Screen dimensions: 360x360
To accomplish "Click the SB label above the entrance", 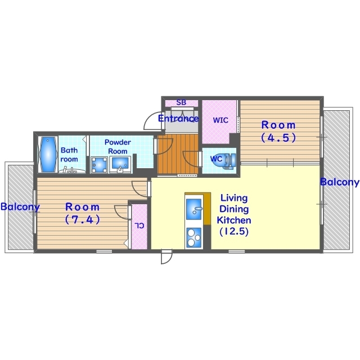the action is click(181, 102).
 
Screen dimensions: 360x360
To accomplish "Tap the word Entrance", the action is click(178, 119).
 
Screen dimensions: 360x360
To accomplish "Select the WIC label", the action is click(220, 120).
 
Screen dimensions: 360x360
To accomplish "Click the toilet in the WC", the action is click(229, 159).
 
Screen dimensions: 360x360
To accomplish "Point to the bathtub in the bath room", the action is click(48, 154).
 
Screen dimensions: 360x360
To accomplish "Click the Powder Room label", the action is click(118, 147).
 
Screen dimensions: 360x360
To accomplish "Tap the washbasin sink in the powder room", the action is click(120, 164).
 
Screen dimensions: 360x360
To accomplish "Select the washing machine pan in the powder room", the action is click(99, 165).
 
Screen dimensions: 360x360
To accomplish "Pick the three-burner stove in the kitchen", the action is click(194, 237).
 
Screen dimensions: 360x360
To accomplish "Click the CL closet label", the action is click(139, 226).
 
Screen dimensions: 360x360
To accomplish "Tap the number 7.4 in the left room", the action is click(83, 219).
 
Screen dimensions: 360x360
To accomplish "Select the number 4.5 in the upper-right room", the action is click(278, 137).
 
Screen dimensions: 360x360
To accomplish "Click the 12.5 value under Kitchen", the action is click(234, 231).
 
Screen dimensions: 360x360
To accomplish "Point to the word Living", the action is click(234, 198).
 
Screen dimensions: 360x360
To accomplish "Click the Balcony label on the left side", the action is click(20, 206).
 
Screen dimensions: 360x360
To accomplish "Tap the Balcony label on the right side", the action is click(340, 182).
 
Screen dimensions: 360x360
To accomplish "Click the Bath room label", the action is click(69, 155).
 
